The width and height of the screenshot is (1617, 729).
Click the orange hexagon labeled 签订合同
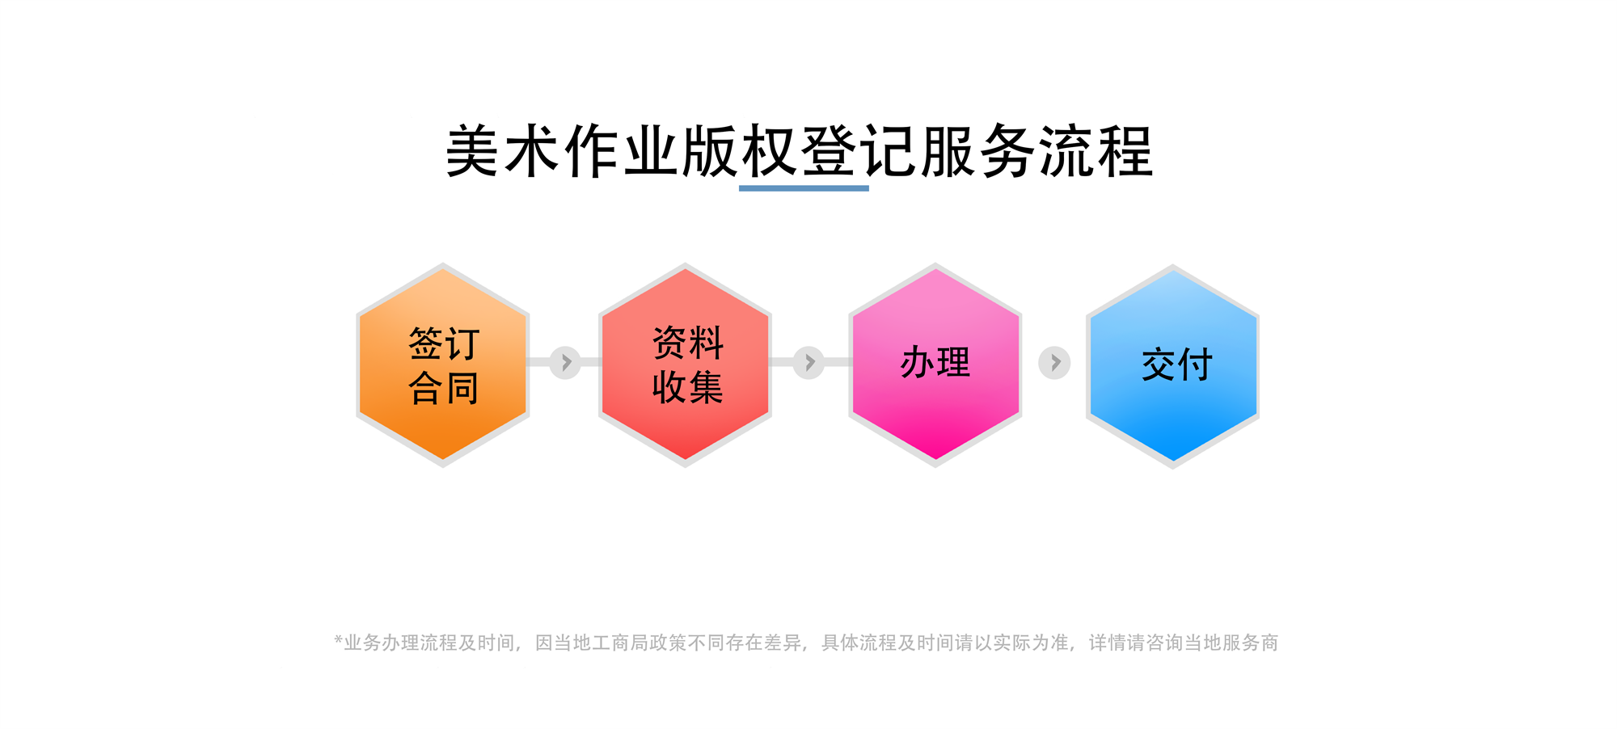click(443, 364)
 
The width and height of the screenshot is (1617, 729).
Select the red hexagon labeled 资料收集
click(686, 364)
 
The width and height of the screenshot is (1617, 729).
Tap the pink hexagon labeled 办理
click(935, 364)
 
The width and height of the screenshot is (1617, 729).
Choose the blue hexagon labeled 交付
click(1172, 366)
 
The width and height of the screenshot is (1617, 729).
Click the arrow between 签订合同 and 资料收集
click(565, 362)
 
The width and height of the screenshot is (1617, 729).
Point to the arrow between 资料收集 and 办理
click(808, 362)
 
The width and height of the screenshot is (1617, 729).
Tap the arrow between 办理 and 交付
click(1054, 363)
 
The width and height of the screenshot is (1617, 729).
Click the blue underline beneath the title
click(804, 188)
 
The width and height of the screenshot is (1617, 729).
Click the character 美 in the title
click(472, 151)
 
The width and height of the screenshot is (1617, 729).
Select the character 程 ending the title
click(1125, 151)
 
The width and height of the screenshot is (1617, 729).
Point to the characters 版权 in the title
click(739, 151)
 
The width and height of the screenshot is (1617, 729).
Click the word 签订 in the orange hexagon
click(444, 343)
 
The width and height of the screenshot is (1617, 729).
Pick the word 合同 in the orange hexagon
click(444, 388)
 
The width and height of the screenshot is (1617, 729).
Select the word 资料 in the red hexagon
click(688, 343)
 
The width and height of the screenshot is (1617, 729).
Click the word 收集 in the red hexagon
click(688, 387)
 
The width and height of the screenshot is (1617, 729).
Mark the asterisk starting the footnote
click(338, 639)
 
